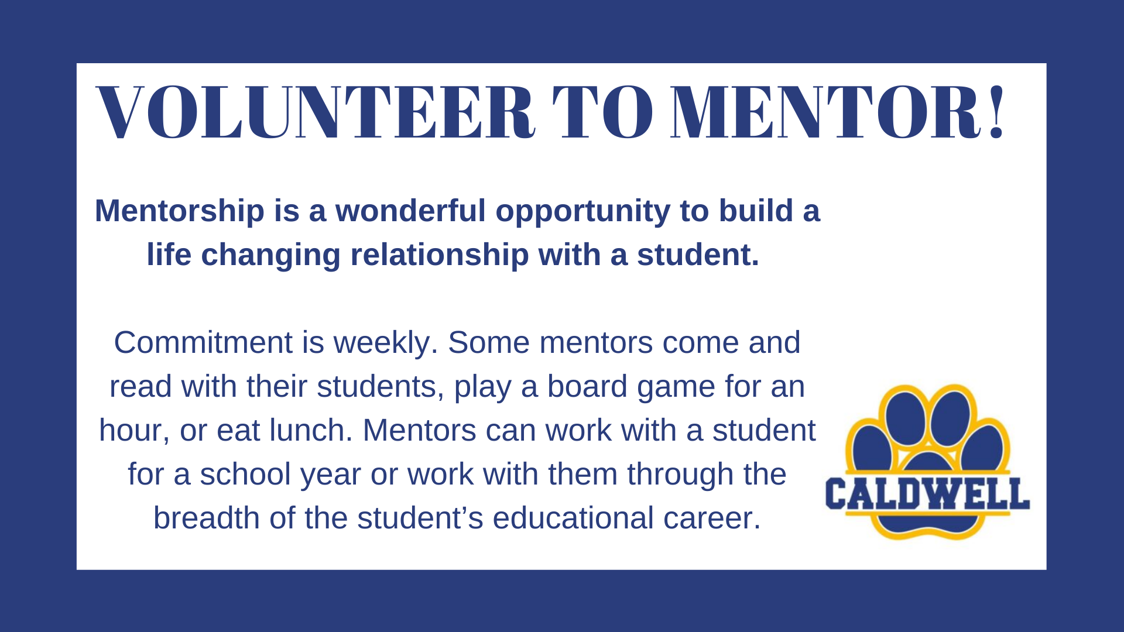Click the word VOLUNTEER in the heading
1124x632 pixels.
315,113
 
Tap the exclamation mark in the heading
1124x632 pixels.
996,113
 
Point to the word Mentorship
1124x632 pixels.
180,211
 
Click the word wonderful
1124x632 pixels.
410,211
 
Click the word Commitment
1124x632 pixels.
203,342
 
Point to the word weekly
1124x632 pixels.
386,344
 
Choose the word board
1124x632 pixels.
587,386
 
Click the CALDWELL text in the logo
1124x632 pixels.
927,493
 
